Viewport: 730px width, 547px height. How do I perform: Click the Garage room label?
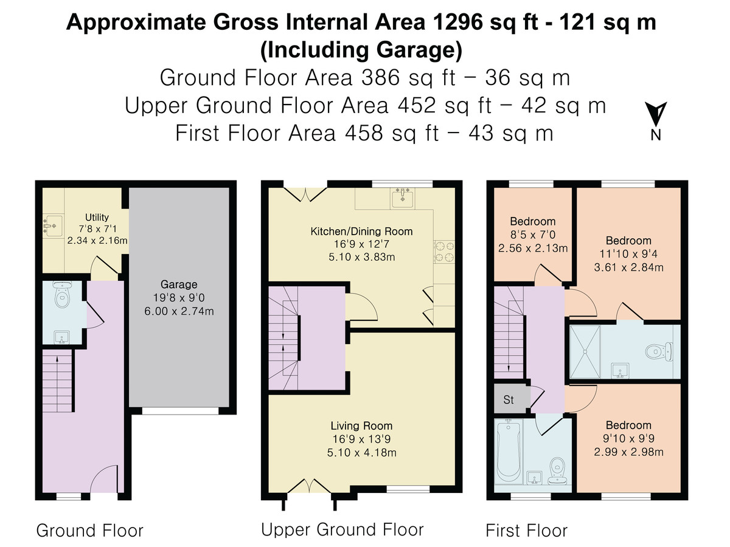[179, 284]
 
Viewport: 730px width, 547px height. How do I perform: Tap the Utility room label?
[97, 217]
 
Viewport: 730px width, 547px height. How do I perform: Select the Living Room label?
[361, 426]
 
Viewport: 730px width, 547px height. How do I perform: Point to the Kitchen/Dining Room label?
[361, 232]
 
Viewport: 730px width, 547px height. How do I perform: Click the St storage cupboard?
[509, 399]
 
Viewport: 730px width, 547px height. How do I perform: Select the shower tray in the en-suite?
[585, 352]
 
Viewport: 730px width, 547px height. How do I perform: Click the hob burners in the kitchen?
[444, 252]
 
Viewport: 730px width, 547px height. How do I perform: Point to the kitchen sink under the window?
[403, 198]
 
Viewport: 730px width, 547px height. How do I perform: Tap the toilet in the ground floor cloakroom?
[62, 294]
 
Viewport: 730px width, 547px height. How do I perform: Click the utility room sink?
[52, 226]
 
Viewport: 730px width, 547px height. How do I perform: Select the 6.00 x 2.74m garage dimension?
[179, 312]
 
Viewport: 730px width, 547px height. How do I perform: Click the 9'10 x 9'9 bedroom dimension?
[628, 438]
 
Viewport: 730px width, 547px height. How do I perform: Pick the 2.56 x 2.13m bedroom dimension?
[533, 249]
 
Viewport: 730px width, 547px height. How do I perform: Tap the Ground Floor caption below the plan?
[90, 531]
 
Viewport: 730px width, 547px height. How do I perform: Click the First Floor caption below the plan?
[526, 531]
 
